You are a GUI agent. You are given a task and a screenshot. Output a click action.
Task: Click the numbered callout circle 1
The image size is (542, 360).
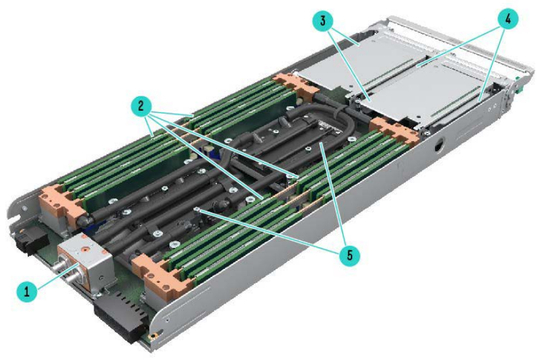coord(26,291)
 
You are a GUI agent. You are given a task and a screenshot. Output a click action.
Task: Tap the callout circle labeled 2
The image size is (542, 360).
coord(140,105)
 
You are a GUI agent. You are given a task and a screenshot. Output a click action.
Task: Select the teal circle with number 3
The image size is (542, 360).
coord(322,20)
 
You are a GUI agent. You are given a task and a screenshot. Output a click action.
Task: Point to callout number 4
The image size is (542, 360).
coord(508,19)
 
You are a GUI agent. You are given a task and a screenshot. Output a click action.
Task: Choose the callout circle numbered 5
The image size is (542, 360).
coord(349,255)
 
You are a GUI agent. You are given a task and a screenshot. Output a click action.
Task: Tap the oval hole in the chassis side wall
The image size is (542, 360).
coord(438,146)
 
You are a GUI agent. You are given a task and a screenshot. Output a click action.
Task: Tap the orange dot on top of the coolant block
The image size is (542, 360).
coord(84,248)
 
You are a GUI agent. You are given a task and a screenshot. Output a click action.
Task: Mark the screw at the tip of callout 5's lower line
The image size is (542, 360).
coord(197,210)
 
